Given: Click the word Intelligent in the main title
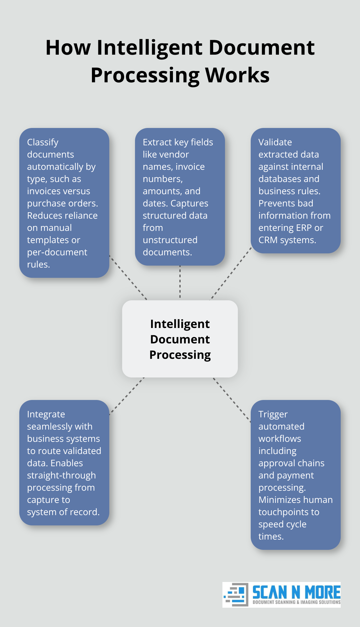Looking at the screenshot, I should coord(150,48).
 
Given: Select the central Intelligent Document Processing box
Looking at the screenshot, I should coord(180,339).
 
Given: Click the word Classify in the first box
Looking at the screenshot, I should coord(43,142).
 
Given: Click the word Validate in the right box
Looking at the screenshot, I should coord(275,142).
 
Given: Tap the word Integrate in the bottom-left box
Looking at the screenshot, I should coord(46,414).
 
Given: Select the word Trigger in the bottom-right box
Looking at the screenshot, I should coord(273,414).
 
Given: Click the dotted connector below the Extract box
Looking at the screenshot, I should coord(180,282).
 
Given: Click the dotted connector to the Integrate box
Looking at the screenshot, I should coord(127,396).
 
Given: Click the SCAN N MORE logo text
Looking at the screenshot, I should coord(296,592).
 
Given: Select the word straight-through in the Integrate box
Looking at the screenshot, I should coord(61,475).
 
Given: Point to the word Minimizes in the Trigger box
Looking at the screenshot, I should coord(278,500).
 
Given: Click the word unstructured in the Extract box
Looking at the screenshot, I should coord(170,240).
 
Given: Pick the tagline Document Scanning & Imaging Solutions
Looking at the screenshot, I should coord(296,602).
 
